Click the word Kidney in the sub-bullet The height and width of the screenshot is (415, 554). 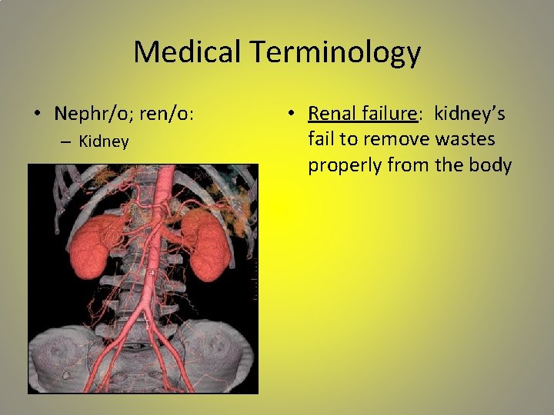click(x=104, y=142)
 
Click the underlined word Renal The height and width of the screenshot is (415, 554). click(x=331, y=114)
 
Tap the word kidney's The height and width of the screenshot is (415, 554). click(x=469, y=114)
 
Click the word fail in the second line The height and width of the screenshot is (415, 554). click(x=321, y=140)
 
